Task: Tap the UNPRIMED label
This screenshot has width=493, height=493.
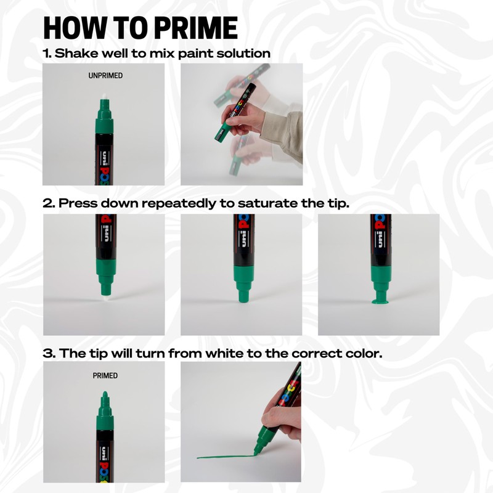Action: coord(106,76)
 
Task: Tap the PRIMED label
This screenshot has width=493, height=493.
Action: coord(105,375)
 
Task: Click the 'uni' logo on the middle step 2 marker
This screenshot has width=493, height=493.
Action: coord(241,234)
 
